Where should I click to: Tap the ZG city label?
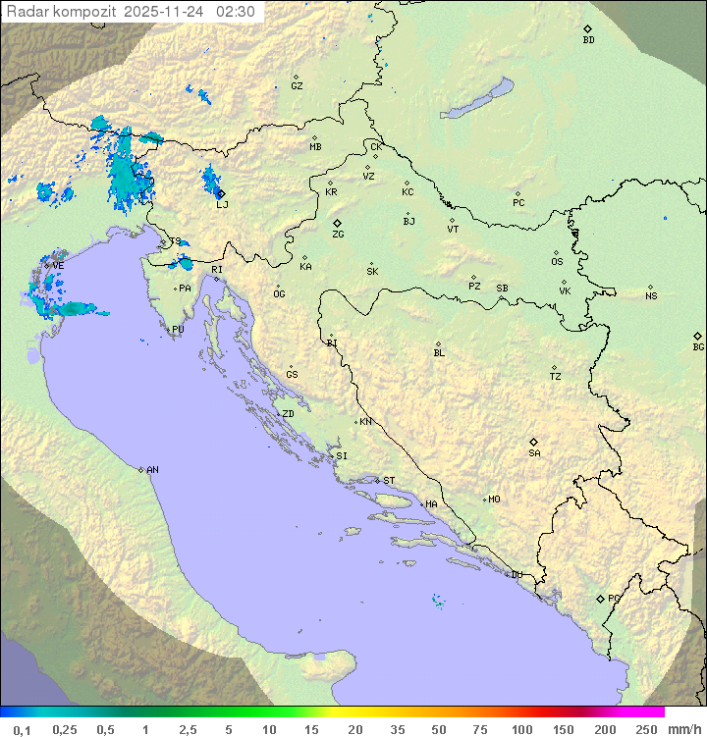click(338, 235)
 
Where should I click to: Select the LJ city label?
click(222, 204)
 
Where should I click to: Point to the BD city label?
click(588, 40)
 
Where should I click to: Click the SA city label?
click(534, 452)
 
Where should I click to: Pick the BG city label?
click(698, 346)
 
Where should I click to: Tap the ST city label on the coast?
click(389, 481)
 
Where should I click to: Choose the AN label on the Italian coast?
click(152, 470)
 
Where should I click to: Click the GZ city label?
click(297, 85)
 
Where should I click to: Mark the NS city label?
click(651, 296)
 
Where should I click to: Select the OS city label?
click(557, 262)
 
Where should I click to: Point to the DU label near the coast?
click(517, 575)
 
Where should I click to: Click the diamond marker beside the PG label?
click(601, 598)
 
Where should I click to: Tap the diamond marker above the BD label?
click(587, 28)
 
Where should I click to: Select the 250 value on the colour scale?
click(646, 729)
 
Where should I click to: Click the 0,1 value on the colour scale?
click(22, 729)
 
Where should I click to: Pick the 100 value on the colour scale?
click(520, 729)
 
